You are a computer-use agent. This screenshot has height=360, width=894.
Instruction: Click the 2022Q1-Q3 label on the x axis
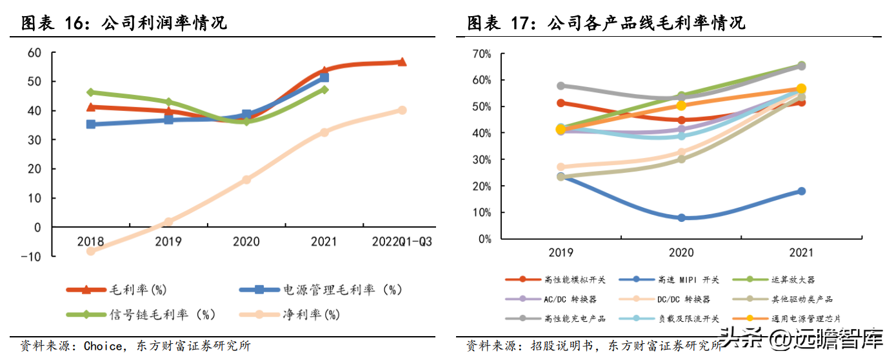[402, 242]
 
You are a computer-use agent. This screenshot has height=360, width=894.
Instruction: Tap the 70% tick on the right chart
[481, 54]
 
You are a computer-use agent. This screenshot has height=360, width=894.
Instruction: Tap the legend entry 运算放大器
[792, 280]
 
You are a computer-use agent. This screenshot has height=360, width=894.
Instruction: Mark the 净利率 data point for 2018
[91, 251]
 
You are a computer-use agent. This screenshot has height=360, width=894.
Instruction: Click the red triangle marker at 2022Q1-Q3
[402, 62]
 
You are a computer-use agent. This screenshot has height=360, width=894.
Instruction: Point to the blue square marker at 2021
[324, 77]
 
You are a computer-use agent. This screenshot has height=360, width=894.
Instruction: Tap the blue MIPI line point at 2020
[681, 218]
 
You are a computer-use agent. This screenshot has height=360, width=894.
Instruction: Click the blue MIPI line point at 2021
[801, 191]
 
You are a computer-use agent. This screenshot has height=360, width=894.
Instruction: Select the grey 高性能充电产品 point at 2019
[561, 86]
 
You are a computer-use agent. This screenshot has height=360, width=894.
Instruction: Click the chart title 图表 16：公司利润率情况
[124, 24]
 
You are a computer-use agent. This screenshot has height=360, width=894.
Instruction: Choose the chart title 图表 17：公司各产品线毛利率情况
[606, 24]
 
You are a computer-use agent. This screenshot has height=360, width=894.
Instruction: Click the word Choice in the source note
[104, 346]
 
